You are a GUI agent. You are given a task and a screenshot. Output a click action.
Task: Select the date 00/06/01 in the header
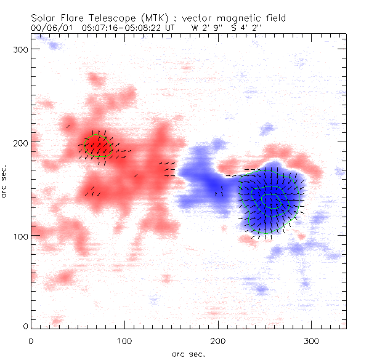49,28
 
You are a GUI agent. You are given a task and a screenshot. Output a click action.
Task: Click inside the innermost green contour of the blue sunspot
271,201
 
